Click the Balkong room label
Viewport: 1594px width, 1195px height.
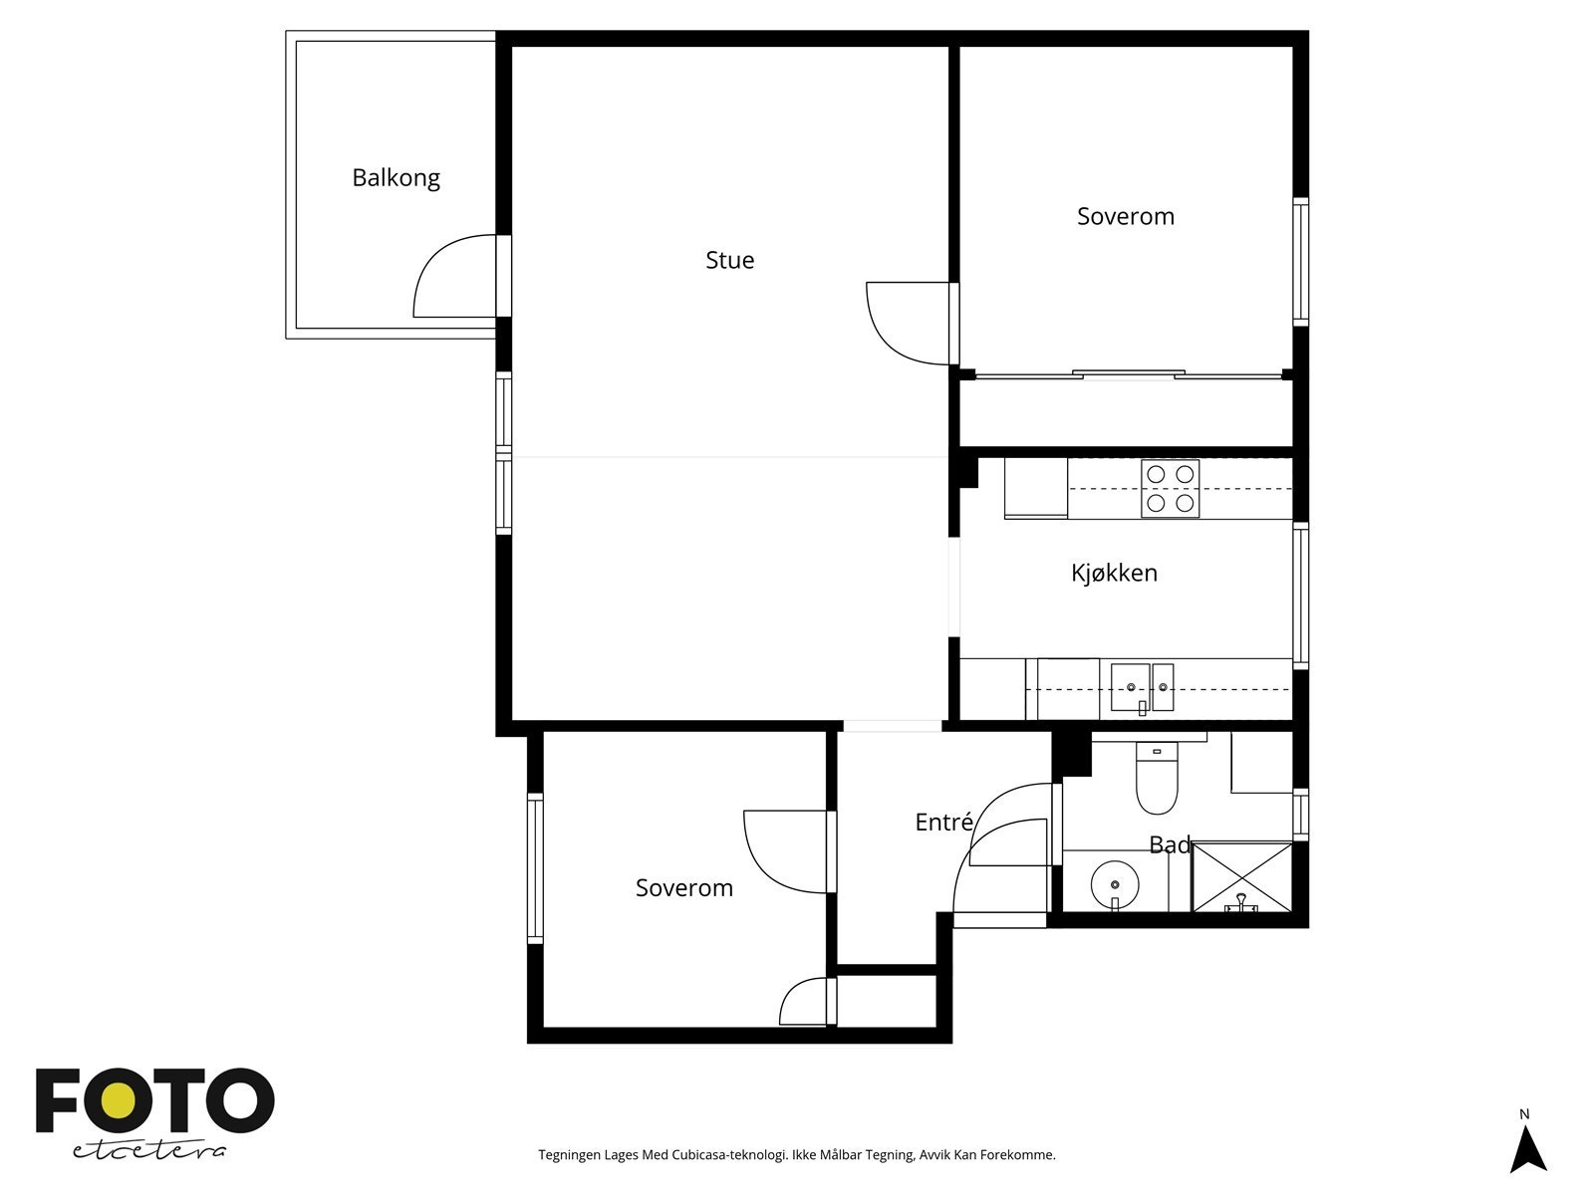pos(396,178)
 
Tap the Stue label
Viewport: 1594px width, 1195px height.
pos(729,260)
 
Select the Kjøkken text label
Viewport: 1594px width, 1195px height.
pos(1114,573)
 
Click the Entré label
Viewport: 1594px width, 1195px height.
pos(943,823)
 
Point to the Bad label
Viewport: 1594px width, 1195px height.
pos(1169,844)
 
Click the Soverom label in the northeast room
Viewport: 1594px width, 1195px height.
pos(1125,216)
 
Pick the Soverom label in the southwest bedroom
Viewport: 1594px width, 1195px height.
pos(683,887)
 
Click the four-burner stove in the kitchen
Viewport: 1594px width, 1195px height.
pos(1170,489)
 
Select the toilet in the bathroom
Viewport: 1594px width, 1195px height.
pos(1157,782)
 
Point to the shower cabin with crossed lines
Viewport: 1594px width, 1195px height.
pos(1241,876)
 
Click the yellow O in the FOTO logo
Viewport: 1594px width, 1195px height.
pos(121,1101)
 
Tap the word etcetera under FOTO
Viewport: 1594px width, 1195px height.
pos(149,1149)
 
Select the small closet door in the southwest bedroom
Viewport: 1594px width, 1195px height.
pos(805,1003)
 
